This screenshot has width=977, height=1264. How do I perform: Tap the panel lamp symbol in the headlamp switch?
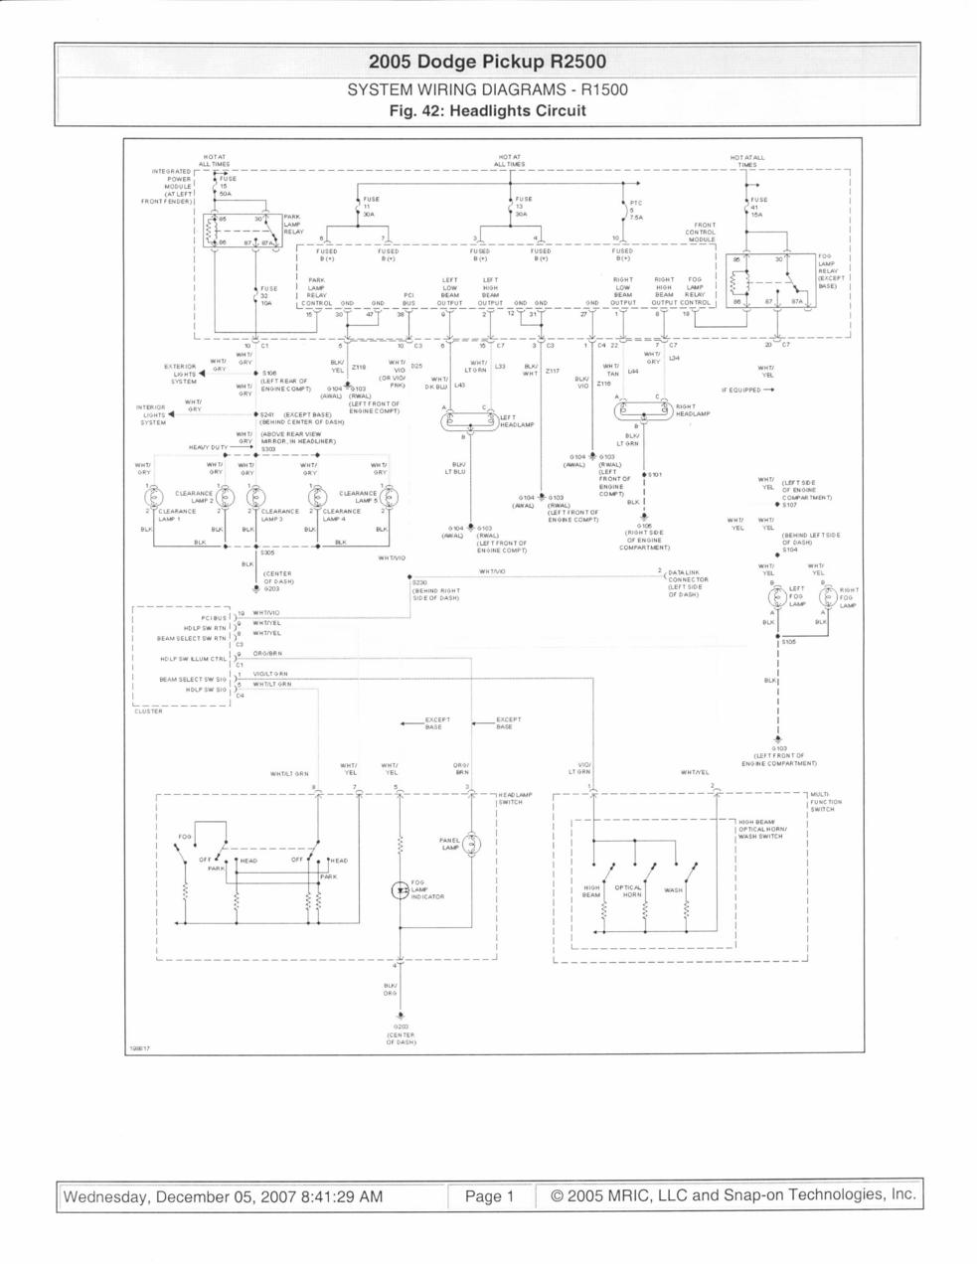(474, 844)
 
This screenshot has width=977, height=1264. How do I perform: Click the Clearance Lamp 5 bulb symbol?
(390, 496)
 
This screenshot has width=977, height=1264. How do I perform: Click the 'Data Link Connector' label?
(688, 580)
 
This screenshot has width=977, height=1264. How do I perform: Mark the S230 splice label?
(418, 582)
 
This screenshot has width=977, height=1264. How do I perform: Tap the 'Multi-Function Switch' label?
(826, 802)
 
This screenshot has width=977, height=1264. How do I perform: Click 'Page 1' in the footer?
(489, 1196)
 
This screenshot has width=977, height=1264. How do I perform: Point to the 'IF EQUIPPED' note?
(745, 390)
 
